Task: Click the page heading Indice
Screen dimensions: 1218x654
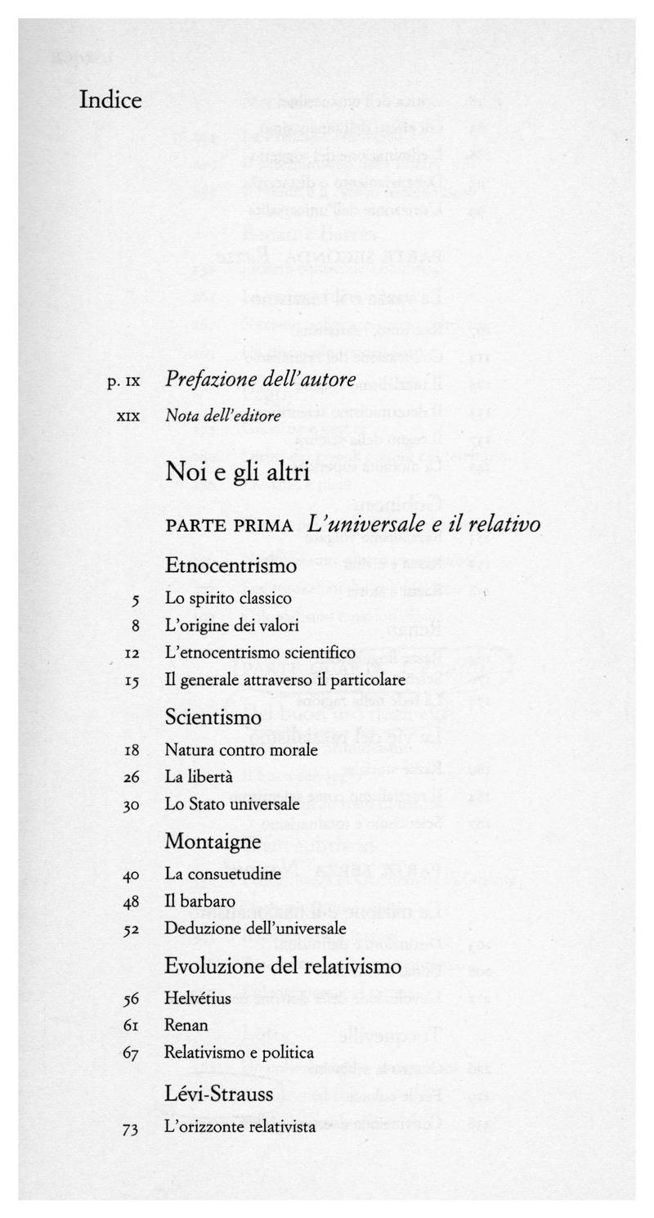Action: [x=110, y=101]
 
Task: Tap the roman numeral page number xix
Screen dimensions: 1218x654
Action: [x=128, y=416]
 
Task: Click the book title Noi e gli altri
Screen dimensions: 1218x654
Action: [x=236, y=472]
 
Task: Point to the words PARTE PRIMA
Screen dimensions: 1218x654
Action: [x=229, y=525]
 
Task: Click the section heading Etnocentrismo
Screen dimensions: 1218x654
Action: [x=231, y=565]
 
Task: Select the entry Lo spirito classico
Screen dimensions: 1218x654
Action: [x=228, y=598]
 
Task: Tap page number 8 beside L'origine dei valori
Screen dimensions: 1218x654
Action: [x=135, y=626]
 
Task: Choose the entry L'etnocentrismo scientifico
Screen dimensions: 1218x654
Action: [x=260, y=653]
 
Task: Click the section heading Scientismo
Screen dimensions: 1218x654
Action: [x=213, y=717]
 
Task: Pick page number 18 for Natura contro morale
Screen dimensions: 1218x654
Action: [x=132, y=750]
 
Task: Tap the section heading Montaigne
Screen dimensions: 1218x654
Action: [x=213, y=841]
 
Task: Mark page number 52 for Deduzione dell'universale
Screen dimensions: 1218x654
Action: [x=132, y=929]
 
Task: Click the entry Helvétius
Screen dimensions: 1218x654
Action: [x=198, y=999]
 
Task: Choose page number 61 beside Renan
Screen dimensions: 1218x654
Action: [x=132, y=1026]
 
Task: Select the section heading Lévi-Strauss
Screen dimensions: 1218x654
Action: [x=218, y=1094]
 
